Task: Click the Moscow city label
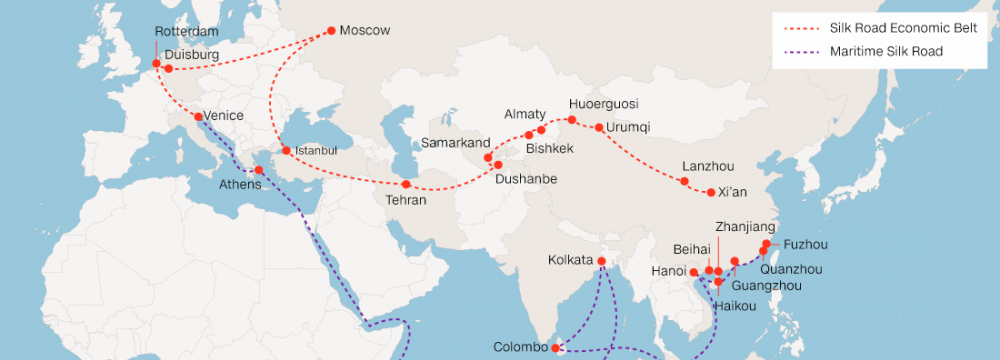pos(364,31)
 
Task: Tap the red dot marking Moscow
pos(331,31)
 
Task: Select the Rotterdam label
pos(186,32)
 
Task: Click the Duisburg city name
pos(190,53)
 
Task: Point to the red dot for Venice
pos(198,116)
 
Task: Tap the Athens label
pos(240,184)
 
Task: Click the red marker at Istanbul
pos(286,151)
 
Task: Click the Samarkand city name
pos(455,144)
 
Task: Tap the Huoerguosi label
pos(603,104)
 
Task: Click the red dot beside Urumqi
pos(598,128)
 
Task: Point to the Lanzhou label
pos(706,166)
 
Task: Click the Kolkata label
pos(571,261)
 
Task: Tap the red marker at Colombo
pos(555,349)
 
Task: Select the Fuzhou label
pos(806,244)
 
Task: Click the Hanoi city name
pos(668,271)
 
